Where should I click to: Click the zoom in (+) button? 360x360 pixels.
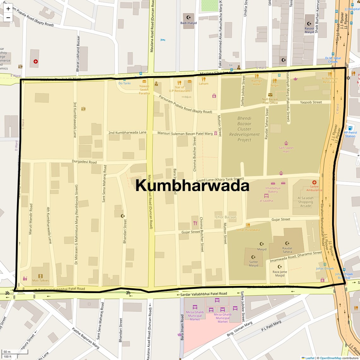(8, 9)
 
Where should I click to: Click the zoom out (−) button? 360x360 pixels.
(8, 18)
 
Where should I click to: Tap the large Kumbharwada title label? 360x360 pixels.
(192, 185)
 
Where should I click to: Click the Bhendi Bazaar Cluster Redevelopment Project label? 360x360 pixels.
(244, 129)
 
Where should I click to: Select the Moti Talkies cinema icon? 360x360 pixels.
(40, 276)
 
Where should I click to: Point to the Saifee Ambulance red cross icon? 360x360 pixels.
(314, 182)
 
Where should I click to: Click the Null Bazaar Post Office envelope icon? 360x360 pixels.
(270, 95)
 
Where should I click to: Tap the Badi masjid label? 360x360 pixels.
(189, 23)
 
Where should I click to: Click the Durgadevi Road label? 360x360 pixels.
(84, 162)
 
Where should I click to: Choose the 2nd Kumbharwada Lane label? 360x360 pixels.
(127, 132)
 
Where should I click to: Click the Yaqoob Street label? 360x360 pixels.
(311, 102)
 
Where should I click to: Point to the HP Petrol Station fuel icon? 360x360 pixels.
(350, 128)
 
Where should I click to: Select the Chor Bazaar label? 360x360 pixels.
(226, 217)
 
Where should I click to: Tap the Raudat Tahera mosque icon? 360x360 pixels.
(287, 243)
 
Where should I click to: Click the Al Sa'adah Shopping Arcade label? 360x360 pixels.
(305, 202)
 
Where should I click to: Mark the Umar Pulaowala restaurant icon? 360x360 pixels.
(248, 225)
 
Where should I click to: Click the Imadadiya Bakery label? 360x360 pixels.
(273, 190)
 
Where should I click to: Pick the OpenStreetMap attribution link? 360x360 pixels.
(330, 358)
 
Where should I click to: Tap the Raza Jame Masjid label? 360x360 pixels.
(280, 273)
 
